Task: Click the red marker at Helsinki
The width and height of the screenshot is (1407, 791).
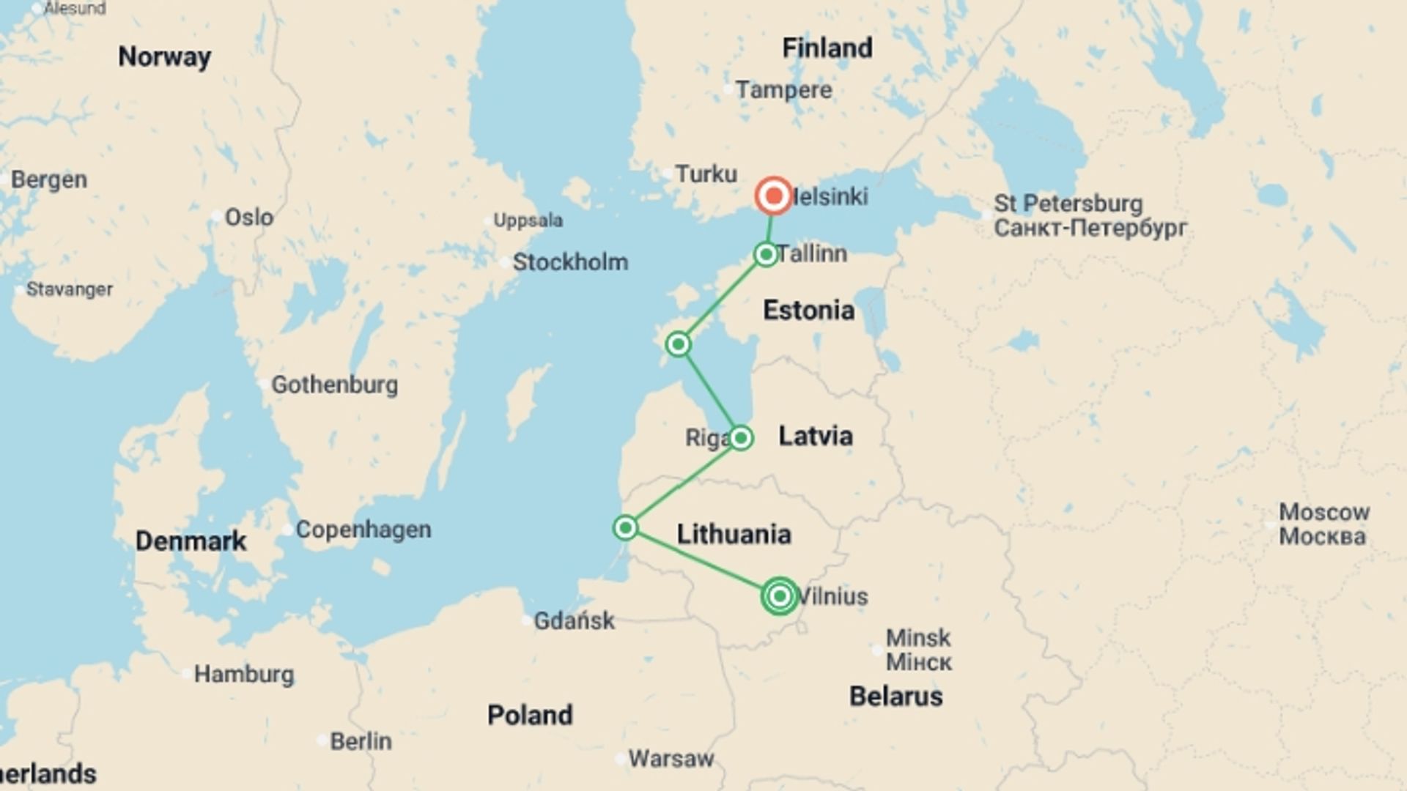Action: click(774, 196)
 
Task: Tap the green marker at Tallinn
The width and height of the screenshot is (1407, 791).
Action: click(766, 254)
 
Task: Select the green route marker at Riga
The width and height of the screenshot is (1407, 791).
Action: click(740, 438)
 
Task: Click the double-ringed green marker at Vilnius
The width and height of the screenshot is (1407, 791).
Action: click(780, 596)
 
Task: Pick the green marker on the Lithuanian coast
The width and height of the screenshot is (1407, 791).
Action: click(625, 527)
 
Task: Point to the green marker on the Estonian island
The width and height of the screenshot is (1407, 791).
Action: click(678, 343)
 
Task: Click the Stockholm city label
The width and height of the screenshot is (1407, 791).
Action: click(570, 262)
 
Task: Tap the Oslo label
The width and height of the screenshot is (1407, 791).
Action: click(248, 218)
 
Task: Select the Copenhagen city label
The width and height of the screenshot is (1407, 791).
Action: click(363, 530)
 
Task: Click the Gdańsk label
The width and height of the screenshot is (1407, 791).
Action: click(574, 621)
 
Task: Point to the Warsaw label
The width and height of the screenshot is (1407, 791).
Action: click(671, 759)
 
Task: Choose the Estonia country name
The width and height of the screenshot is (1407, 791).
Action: click(808, 311)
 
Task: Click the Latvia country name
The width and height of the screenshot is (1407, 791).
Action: click(815, 437)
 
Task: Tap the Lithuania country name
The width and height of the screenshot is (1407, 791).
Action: click(734, 534)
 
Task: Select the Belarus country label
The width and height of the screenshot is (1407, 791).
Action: click(895, 696)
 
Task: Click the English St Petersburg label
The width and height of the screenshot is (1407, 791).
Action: click(1068, 204)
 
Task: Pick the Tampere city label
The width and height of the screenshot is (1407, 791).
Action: click(783, 90)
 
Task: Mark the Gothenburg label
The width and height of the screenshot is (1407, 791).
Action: click(334, 385)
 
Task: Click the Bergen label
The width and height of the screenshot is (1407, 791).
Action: click(49, 179)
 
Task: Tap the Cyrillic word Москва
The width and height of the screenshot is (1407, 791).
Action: click(1322, 537)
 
